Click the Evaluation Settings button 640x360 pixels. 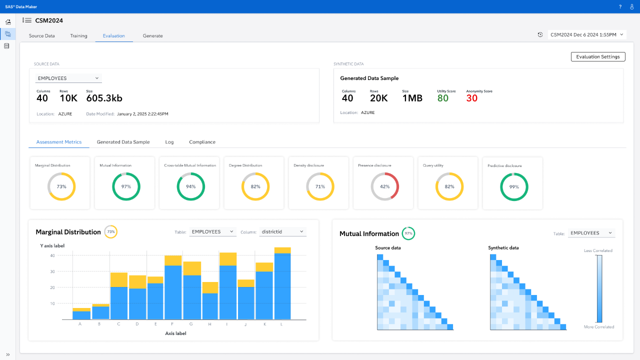coord(598,56)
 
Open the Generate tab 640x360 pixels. coord(153,35)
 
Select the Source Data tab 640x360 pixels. coord(41,35)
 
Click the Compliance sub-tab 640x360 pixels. coord(202,142)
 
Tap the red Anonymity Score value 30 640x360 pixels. coord(471,98)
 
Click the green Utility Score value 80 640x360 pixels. coord(443,98)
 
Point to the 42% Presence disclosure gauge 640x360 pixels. coord(385,186)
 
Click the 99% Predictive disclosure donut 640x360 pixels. coord(514,187)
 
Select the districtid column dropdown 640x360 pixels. coord(282,231)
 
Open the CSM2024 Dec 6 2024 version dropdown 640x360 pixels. coord(587,34)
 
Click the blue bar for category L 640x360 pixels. coord(282,286)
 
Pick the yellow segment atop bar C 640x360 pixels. coord(119,279)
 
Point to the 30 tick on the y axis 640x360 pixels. coord(52,271)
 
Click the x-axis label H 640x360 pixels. coord(209,324)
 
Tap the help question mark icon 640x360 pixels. coord(620,6)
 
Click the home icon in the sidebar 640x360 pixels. coord(8,22)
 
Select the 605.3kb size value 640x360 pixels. coord(104,98)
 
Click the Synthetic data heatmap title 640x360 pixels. coord(503,247)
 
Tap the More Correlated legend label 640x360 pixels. coord(599,327)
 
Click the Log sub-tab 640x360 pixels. coord(169,142)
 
